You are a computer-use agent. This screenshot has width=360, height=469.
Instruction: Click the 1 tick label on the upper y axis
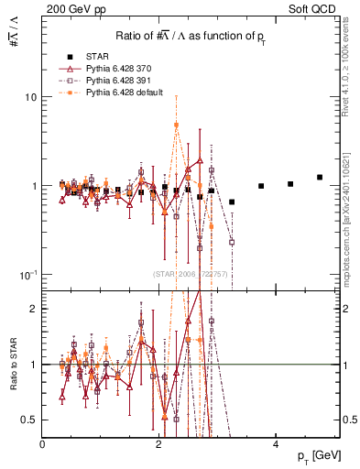[x=33, y=186]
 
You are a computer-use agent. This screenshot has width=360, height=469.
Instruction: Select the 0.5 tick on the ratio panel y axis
[x=29, y=420]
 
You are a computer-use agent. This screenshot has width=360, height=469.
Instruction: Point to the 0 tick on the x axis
[x=42, y=443]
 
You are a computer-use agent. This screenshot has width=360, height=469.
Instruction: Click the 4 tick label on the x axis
[x=276, y=443]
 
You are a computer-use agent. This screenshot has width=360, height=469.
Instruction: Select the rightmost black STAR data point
[x=320, y=177]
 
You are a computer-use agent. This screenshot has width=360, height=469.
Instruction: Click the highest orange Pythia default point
[x=177, y=125]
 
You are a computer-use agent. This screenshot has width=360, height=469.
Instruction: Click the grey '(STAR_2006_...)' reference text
[x=191, y=274]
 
